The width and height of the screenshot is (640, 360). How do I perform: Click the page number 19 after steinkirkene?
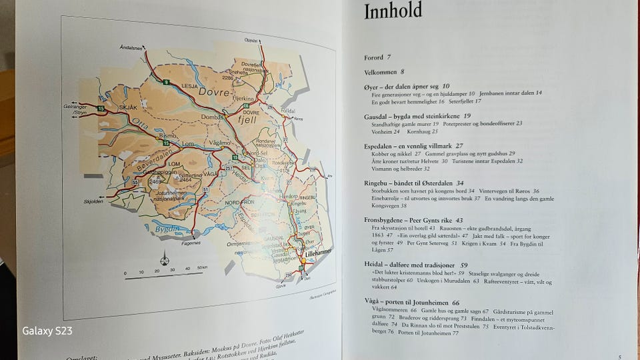click(467, 116)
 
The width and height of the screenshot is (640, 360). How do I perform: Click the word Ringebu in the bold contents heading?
click(381, 183)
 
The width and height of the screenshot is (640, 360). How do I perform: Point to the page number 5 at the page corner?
click(620, 357)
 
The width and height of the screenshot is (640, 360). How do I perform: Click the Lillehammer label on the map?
click(319, 254)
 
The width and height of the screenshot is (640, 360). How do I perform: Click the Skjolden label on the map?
click(94, 199)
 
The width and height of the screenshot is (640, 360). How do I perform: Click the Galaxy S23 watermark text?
click(47, 331)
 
